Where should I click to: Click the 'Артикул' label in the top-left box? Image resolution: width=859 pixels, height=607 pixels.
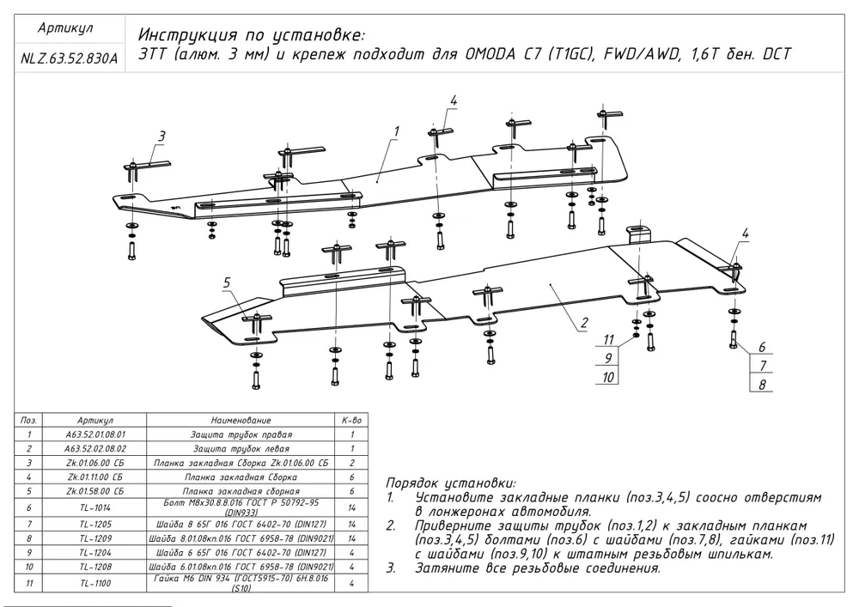(x=66, y=28)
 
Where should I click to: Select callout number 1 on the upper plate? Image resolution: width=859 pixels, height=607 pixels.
(x=397, y=131)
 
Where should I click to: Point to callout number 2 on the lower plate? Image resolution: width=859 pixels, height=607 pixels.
(x=583, y=324)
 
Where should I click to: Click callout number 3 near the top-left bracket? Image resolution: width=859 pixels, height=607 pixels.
(x=161, y=137)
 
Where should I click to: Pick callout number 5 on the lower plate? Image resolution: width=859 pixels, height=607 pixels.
(x=228, y=282)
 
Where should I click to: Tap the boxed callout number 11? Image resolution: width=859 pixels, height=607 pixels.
(x=607, y=338)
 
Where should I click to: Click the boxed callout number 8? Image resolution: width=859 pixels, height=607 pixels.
(x=761, y=385)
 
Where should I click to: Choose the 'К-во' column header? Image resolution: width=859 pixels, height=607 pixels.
(x=351, y=421)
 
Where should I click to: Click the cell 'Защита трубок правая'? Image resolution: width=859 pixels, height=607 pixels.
(x=240, y=435)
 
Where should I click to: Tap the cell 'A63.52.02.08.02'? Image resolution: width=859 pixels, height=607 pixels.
(x=94, y=448)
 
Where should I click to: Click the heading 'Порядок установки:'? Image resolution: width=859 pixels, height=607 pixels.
(x=450, y=483)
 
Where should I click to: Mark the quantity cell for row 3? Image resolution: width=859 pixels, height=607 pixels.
(x=351, y=462)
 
